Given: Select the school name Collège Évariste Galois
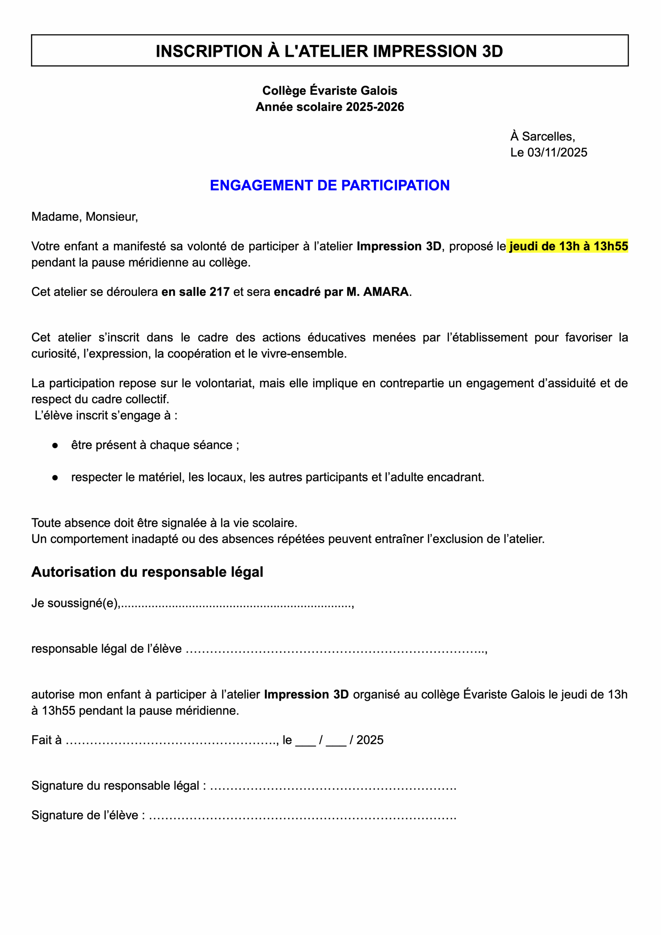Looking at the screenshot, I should tap(329, 91).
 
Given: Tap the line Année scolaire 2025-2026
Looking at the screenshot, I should tap(329, 107).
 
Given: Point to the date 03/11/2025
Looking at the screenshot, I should tap(557, 152).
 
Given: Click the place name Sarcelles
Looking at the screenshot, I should tap(548, 136).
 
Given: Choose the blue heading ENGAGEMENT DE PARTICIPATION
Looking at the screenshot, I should tap(329, 186).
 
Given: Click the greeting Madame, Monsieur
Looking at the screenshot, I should tap(85, 217).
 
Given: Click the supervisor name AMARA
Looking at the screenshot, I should tap(386, 292).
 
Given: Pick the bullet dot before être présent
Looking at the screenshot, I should tap(55, 445).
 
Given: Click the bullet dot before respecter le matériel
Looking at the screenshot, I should tap(55, 477).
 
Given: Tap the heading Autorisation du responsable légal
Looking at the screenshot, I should tap(147, 572).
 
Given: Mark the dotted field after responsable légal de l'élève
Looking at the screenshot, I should tap(336, 649).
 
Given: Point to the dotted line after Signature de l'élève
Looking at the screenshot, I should tap(302, 815).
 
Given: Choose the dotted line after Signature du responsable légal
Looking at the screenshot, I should tap(333, 786).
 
